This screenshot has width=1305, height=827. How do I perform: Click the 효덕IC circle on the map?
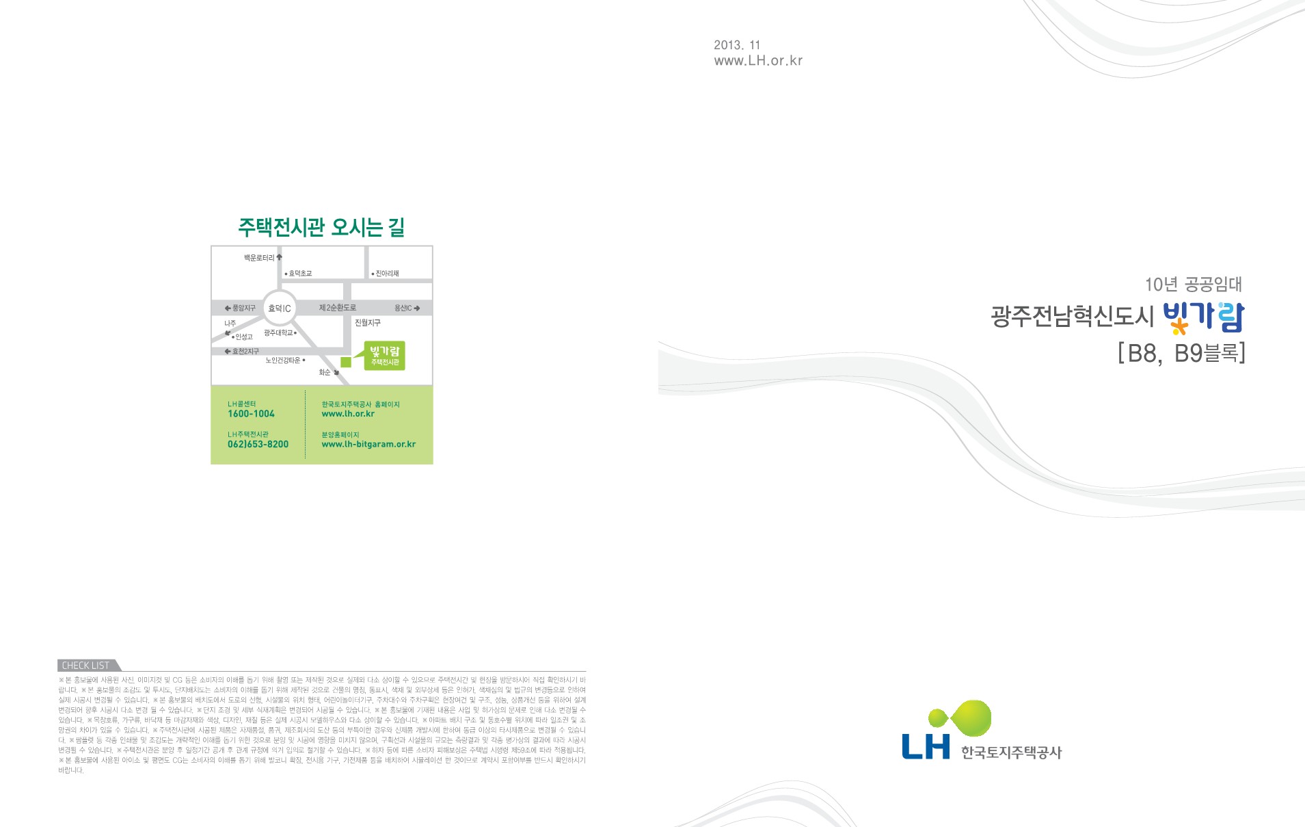(x=280, y=309)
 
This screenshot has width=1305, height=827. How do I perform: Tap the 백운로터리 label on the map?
(x=259, y=258)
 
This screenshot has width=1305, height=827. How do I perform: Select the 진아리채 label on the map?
(x=387, y=274)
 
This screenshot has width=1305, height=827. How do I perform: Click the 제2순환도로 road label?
(x=338, y=308)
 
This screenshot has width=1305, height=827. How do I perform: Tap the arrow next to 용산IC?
(x=417, y=309)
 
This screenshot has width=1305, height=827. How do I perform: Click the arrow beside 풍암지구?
(x=228, y=309)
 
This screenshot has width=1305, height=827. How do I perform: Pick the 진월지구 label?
(x=368, y=323)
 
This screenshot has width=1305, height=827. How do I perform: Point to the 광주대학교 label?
(x=278, y=333)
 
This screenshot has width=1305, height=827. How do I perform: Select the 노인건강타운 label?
(x=283, y=360)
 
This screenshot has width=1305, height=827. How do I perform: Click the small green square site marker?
(x=346, y=362)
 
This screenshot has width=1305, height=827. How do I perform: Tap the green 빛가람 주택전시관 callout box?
(x=385, y=356)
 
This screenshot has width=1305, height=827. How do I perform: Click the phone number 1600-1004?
(x=251, y=414)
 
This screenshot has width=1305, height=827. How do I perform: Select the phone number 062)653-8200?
(x=258, y=445)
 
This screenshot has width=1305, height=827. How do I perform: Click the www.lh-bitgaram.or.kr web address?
(x=368, y=445)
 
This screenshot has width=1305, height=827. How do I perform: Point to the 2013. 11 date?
(x=737, y=45)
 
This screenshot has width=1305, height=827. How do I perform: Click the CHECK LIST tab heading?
(x=85, y=666)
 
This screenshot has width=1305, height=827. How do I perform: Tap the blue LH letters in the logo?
(x=926, y=746)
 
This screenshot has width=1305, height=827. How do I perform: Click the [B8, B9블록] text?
(x=1181, y=353)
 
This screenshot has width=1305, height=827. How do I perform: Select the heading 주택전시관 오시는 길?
(x=321, y=227)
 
